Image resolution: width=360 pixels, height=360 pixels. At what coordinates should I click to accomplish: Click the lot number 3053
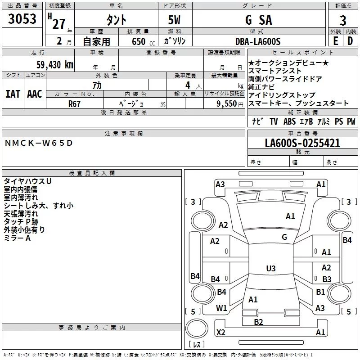click(x=22, y=19)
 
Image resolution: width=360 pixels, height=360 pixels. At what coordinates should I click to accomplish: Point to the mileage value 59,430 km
click(x=50, y=64)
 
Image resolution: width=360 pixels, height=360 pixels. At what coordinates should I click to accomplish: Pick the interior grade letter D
click(x=350, y=41)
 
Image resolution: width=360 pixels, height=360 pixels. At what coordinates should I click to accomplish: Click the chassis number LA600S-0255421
click(x=302, y=143)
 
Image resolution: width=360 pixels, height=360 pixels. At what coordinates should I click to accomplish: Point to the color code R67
click(x=74, y=103)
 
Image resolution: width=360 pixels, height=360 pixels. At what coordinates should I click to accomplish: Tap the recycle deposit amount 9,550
click(x=227, y=103)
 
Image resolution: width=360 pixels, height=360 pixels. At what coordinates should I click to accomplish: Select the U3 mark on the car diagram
click(x=270, y=269)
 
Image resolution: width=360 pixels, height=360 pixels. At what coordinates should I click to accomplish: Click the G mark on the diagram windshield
click(x=284, y=237)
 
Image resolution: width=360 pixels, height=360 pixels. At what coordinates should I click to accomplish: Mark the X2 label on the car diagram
click(x=220, y=333)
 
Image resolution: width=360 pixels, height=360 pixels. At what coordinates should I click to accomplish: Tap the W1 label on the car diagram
click(x=221, y=308)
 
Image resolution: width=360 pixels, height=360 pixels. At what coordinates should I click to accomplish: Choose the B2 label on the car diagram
click(x=258, y=322)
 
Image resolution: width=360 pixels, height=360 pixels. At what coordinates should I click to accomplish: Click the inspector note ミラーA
click(x=17, y=238)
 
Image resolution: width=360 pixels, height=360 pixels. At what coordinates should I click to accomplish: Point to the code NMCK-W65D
click(x=38, y=143)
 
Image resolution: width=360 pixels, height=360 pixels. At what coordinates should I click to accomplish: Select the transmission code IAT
click(x=13, y=94)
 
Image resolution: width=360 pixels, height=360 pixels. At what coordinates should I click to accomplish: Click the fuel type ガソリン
click(x=175, y=41)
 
